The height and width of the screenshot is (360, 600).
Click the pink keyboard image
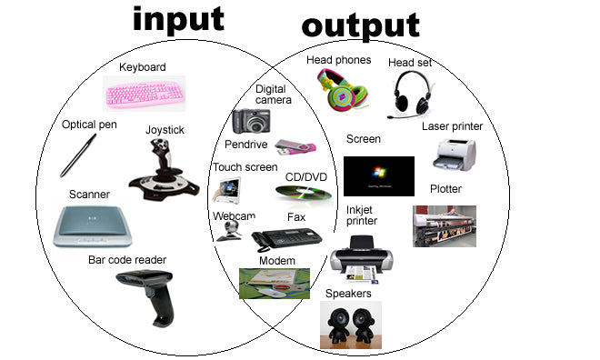pos(145,93)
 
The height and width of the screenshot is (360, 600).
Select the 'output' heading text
pos(360,25)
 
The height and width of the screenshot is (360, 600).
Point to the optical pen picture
pos(78,155)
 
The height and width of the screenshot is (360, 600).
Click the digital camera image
pos(251,121)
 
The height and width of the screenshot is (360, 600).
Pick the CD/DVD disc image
pos(305,193)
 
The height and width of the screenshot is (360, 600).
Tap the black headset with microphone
pos(415,95)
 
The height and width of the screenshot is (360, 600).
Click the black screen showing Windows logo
pos(378,176)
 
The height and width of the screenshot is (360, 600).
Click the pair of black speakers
pos(350,325)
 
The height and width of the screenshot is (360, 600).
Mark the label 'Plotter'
pos(445,189)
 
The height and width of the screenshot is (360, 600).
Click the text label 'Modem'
pos(276,260)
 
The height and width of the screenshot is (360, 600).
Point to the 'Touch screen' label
pos(245,167)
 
